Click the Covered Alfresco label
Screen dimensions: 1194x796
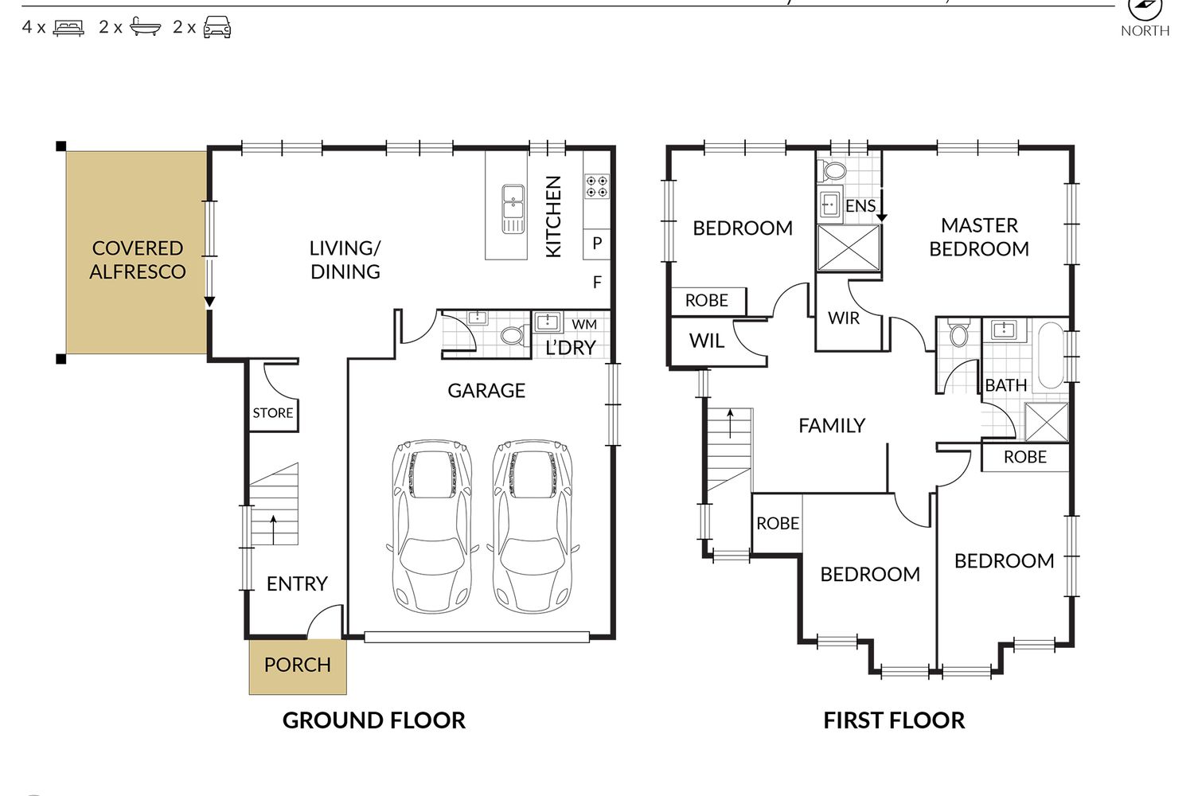coord(138,259)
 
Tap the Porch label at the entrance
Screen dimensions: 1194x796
coord(298,665)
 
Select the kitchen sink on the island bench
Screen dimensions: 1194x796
coord(513,209)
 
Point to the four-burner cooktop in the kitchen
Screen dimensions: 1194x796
coord(597,186)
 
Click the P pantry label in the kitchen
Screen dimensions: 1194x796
coord(597,243)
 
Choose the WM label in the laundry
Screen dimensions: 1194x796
coord(584,324)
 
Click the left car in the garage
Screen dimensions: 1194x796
coord(431,525)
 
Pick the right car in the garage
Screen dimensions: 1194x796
coord(533,525)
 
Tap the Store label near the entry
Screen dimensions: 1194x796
coord(273,412)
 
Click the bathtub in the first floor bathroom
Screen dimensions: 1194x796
coord(1051,355)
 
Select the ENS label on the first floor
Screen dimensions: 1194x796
coord(860,206)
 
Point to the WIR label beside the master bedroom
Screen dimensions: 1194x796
coord(844,318)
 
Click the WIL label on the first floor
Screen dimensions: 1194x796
coord(707,341)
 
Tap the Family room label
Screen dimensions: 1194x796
coord(832,425)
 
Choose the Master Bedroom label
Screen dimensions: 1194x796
coord(979,237)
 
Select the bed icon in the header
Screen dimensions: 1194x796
coord(68,28)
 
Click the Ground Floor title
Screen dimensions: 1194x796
coord(373,720)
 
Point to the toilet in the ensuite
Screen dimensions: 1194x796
coord(833,170)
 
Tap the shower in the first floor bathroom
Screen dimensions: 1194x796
coord(1047,422)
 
